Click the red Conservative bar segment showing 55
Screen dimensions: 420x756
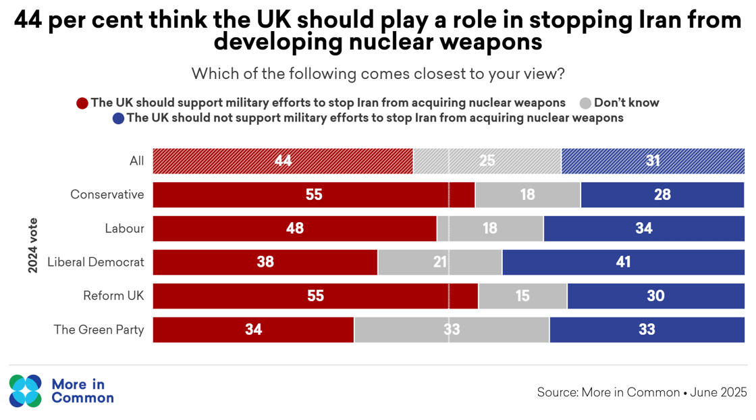pyautogui.click(x=314, y=194)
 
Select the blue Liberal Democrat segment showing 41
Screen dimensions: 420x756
pyautogui.click(x=623, y=262)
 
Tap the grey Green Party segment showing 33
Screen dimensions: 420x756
pyautogui.click(x=452, y=330)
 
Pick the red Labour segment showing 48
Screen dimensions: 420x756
pyautogui.click(x=295, y=228)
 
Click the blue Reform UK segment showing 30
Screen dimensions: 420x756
pyautogui.click(x=655, y=296)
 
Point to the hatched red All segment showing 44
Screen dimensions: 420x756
pyautogui.click(x=283, y=161)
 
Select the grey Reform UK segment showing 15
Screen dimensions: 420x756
pyautogui.click(x=522, y=296)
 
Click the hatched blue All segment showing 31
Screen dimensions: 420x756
pyautogui.click(x=653, y=161)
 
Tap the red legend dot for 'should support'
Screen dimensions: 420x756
pyautogui.click(x=82, y=103)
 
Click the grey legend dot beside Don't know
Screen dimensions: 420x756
pyautogui.click(x=585, y=103)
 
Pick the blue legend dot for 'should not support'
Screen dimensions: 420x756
pyautogui.click(x=118, y=118)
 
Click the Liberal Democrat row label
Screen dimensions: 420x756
pyautogui.click(x=96, y=262)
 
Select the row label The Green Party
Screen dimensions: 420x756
pyautogui.click(x=99, y=330)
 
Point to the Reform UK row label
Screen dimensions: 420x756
pyautogui.click(x=113, y=296)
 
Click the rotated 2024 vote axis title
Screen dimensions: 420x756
pyautogui.click(x=33, y=245)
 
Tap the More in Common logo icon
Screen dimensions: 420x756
pyautogui.click(x=26, y=391)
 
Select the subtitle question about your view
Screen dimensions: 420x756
pyautogui.click(x=378, y=74)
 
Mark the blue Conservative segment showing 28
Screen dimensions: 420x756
pyautogui.click(x=662, y=194)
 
